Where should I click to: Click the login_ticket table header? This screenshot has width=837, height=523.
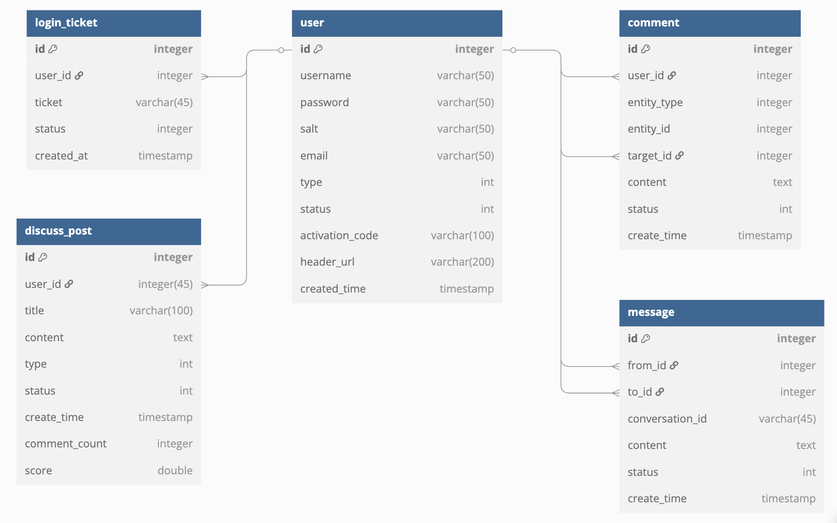pos(66,23)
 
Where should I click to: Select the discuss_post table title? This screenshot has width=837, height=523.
pos(58,231)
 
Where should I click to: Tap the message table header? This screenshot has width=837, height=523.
pos(651,312)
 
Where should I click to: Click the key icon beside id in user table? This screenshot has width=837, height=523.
pos(319,49)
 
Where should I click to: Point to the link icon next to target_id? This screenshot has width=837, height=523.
pos(680,155)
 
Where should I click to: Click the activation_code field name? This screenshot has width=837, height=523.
pos(339,236)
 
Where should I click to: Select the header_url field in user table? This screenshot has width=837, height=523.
pos(327,262)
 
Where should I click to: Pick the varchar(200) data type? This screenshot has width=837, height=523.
pos(462,262)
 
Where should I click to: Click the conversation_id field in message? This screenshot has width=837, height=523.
pos(667,419)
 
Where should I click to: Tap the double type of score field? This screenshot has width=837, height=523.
pos(175,471)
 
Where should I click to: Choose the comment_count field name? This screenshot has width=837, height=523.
pos(65,444)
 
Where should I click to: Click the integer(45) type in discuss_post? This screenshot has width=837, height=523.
pos(165,284)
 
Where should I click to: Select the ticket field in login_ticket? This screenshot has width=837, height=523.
pos(48,103)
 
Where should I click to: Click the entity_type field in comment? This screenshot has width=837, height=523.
pos(655,103)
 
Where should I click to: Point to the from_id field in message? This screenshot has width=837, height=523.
pos(646,366)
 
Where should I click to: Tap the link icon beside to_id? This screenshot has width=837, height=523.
pos(660,392)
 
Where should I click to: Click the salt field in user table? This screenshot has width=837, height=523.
pos(309,129)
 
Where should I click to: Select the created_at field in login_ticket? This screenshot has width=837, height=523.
pos(61,156)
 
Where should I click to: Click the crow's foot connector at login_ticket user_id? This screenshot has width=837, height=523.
pos(205,77)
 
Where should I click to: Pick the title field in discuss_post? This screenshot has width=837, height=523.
pos(34,311)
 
